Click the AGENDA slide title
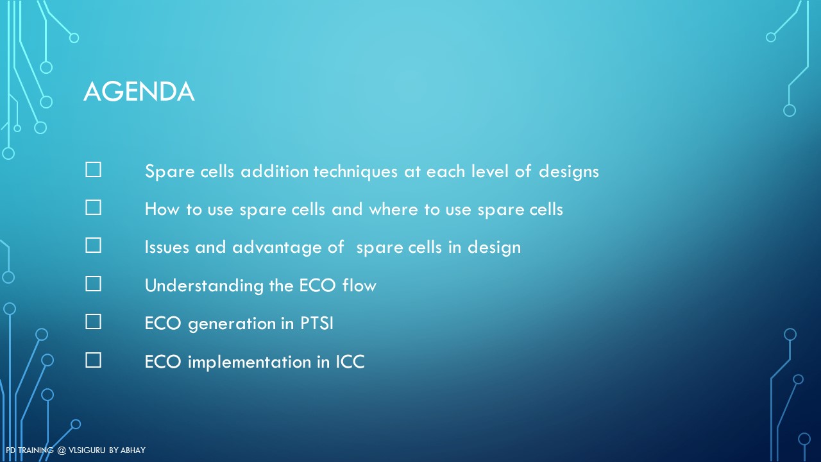tap(139, 91)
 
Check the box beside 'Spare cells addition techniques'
tap(93, 170)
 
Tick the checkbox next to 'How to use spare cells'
tap(93, 207)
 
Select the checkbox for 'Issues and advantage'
tap(93, 245)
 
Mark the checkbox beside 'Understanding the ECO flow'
tap(93, 284)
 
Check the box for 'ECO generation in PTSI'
tap(93, 321)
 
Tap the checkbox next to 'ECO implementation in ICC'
tap(93, 360)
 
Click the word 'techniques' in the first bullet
tap(355, 171)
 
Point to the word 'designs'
tap(568, 171)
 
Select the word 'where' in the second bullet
tap(393, 209)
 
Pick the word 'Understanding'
tap(204, 286)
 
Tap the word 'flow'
tap(359, 286)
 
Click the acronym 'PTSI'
tap(317, 323)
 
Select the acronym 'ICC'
tap(350, 362)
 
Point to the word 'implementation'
tap(250, 362)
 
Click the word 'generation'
tap(232, 324)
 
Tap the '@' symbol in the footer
tap(61, 450)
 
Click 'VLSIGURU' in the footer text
tap(87, 450)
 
